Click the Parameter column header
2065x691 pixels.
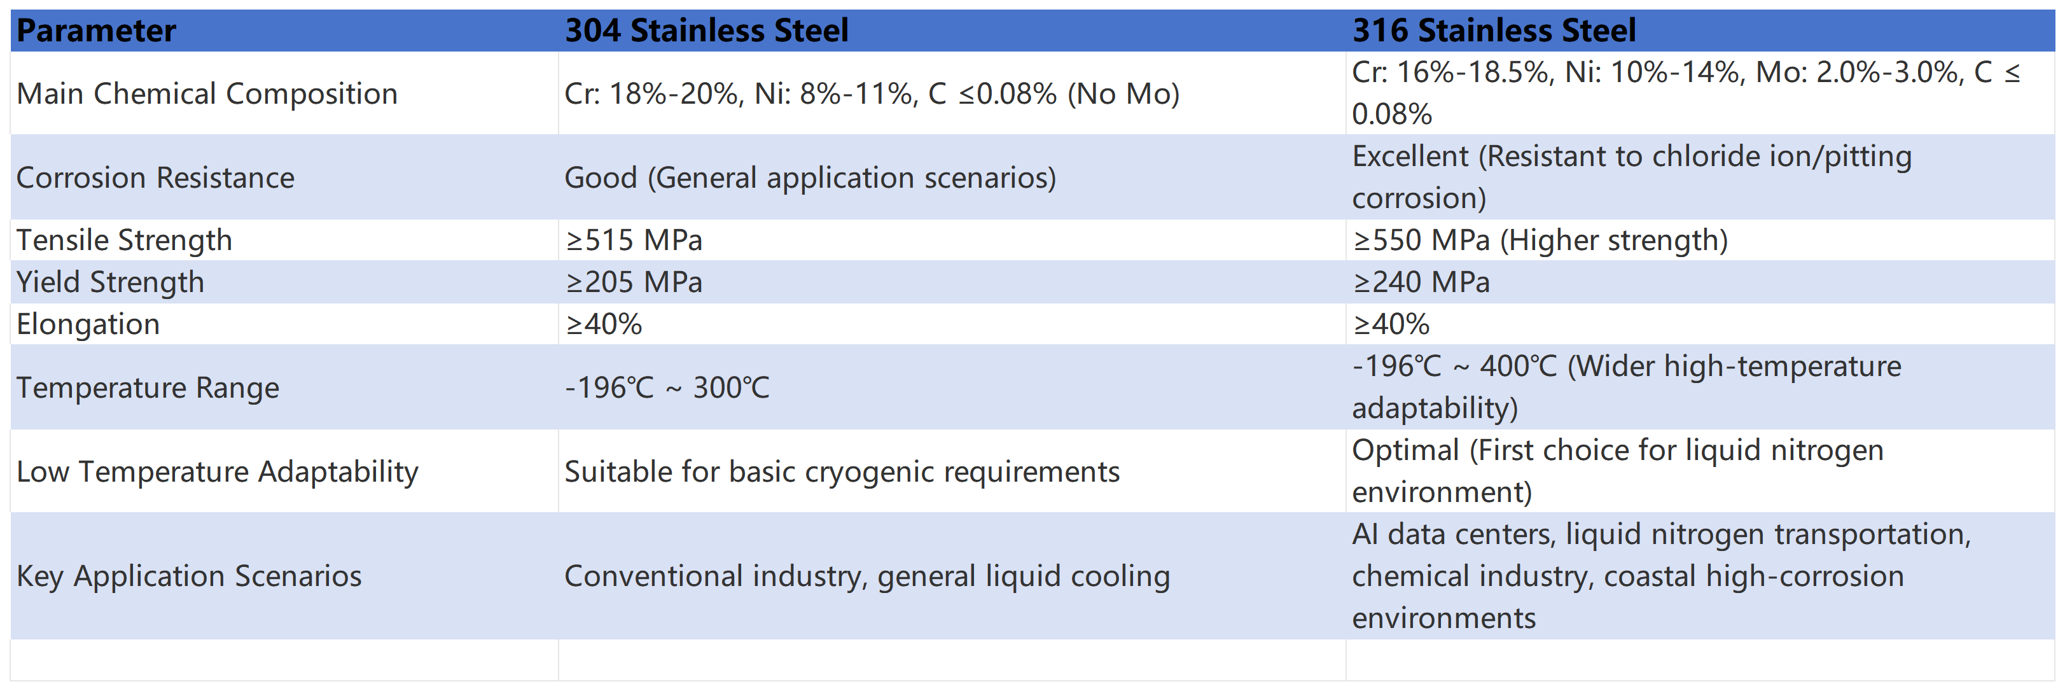pos(96,31)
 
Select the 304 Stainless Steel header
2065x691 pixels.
pos(706,31)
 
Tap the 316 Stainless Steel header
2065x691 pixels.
pos(1494,31)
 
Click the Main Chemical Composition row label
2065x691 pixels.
pos(207,94)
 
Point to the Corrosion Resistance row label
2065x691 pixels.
pos(155,177)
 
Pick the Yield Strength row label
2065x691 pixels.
pos(111,282)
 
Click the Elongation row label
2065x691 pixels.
pos(88,324)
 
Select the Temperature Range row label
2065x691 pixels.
pos(148,387)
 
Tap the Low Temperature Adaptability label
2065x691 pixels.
pos(217,471)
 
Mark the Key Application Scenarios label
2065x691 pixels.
pos(189,576)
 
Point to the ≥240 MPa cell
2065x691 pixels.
pos(1421,282)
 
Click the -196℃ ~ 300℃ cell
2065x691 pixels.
pos(667,387)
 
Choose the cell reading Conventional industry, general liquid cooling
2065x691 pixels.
pos(866,576)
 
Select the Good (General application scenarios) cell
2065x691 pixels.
pos(810,177)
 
